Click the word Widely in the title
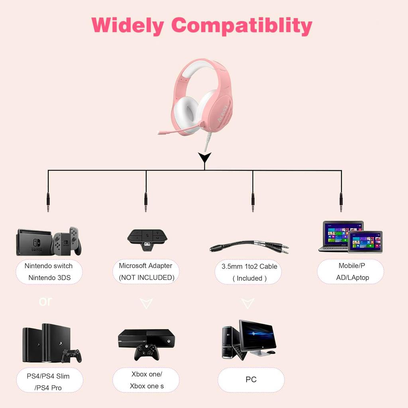[127, 25]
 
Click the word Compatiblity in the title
[241, 25]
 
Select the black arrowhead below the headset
[204, 158]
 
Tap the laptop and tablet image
[351, 237]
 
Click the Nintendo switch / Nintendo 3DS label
[49, 272]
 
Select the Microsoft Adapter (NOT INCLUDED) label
[146, 272]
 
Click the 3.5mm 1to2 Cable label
[249, 272]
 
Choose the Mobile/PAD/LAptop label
[351, 272]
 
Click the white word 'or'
[45, 301]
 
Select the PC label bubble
[251, 380]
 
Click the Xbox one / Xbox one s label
[146, 380]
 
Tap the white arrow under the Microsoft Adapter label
[146, 304]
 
